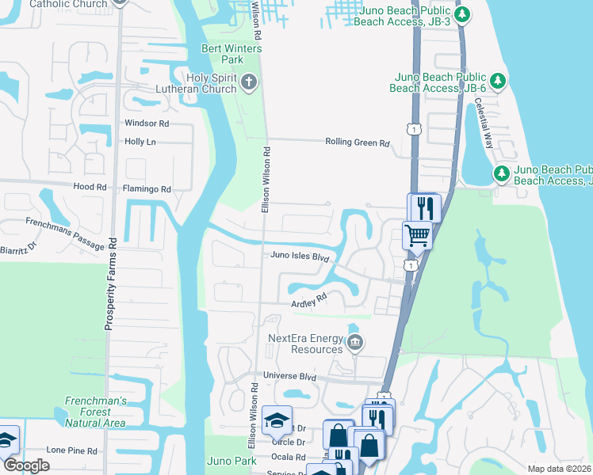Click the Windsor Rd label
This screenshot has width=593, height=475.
147,123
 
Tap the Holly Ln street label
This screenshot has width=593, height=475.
140,142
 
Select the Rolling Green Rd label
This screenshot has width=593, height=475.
358,142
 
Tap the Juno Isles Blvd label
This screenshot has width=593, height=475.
299,256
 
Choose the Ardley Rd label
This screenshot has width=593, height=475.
309,301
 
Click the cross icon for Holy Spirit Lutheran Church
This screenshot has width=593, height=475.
248,82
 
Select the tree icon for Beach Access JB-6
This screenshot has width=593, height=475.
499,80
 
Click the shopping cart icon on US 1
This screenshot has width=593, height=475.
417,235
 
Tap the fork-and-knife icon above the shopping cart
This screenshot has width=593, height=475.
423,207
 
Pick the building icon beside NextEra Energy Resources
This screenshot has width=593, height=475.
355,343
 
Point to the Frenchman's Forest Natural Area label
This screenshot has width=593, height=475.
95,412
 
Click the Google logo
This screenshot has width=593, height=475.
25,465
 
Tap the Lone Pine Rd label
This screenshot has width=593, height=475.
71,450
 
